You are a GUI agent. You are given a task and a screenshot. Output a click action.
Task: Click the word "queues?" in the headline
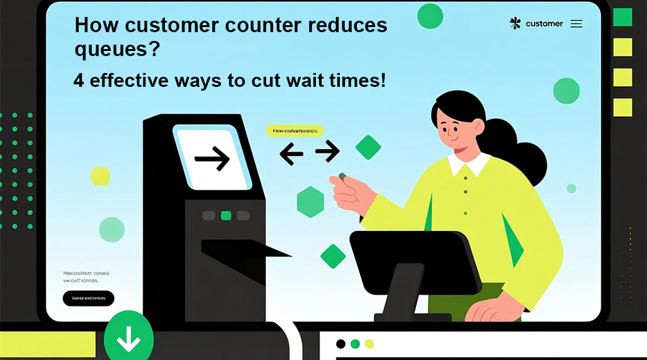click(116, 49)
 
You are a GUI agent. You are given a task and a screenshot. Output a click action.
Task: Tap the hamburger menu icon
click(577, 24)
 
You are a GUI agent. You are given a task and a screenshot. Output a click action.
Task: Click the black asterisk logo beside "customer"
click(515, 23)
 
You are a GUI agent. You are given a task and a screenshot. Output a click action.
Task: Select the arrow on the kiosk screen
click(212, 160)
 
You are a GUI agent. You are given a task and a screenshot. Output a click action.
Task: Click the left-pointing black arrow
click(291, 153)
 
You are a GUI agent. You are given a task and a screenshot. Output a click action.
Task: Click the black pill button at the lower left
click(89, 298)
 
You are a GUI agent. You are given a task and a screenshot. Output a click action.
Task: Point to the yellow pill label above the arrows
click(295, 131)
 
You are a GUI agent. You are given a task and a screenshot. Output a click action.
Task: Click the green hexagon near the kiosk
click(310, 201)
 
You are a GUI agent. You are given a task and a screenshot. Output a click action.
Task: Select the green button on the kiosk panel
click(226, 216)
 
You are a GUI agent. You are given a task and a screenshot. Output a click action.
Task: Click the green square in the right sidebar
click(622, 18)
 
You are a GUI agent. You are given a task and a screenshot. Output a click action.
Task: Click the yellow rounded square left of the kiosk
click(101, 176)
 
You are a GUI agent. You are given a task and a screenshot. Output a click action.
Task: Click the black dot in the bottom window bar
click(340, 344)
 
